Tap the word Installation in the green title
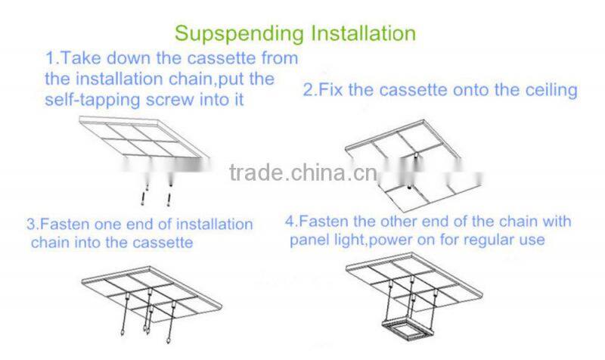tap(364, 33)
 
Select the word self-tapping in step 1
tap(92, 100)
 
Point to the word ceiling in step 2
tap(551, 91)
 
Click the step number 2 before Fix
tap(309, 90)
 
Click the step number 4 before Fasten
tap(290, 222)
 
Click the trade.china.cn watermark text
tap(303, 172)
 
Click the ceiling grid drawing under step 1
tap(144, 138)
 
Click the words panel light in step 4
tap(327, 241)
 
